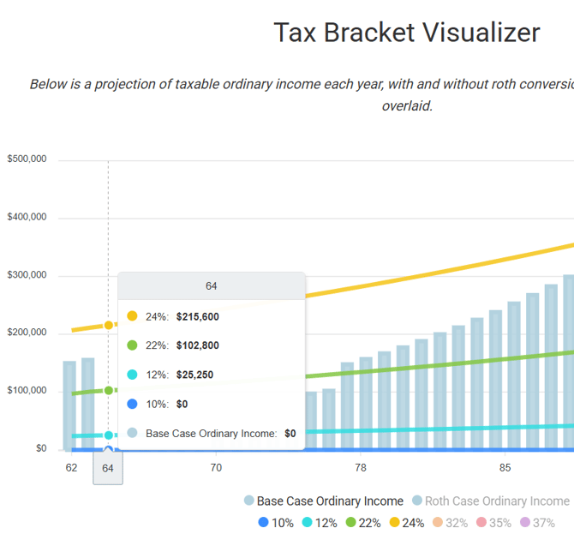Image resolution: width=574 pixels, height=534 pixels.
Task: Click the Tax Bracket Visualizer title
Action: tap(406, 33)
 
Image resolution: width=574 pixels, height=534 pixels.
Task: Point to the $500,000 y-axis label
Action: tap(29, 159)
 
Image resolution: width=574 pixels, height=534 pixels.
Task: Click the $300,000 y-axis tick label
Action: tap(29, 276)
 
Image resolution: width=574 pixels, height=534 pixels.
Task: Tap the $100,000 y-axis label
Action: tap(29, 392)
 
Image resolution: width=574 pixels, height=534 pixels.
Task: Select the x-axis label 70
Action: tap(216, 468)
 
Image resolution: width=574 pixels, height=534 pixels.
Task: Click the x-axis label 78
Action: tap(361, 468)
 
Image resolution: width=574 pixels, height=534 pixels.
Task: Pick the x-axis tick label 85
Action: tap(505, 468)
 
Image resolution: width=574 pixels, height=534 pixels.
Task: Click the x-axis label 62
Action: tap(71, 468)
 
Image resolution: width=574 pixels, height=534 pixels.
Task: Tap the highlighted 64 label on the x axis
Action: tap(108, 469)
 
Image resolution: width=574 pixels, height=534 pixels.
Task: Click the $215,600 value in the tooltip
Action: tap(197, 317)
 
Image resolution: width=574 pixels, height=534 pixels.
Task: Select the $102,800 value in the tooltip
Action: tap(197, 346)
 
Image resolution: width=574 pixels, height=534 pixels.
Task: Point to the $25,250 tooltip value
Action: tap(194, 375)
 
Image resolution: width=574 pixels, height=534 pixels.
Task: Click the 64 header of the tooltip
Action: tap(212, 286)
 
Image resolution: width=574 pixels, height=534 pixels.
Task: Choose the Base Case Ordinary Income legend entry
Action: tap(323, 501)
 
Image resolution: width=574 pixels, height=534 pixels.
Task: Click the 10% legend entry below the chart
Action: tap(276, 523)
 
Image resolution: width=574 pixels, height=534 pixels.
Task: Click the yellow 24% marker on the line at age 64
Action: tap(108, 325)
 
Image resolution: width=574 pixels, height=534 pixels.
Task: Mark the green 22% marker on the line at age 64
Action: tap(108, 390)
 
